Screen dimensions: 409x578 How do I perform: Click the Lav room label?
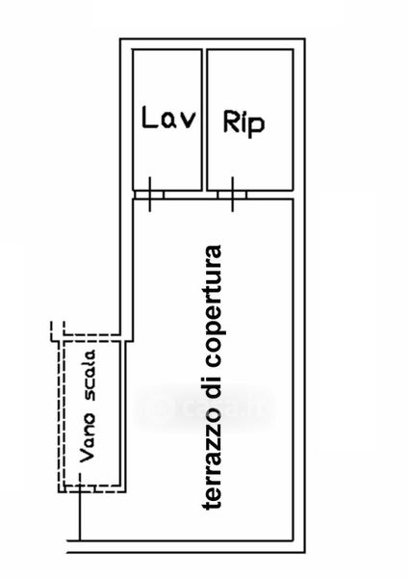(169, 118)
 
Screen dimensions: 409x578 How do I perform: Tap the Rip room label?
(243, 123)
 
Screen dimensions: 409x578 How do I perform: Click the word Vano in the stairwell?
(88, 437)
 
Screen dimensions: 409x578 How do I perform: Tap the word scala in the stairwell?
(89, 376)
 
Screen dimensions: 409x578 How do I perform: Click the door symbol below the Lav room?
(149, 195)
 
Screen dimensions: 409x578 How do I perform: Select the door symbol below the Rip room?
(232, 195)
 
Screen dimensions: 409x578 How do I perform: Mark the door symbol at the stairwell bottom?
(80, 488)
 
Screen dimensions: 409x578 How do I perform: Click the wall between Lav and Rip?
(204, 119)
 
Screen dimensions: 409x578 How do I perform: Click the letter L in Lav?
(149, 118)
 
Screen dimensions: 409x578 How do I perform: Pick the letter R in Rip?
(231, 121)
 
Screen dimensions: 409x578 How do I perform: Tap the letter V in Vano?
(88, 456)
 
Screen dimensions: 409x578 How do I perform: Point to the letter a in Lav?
(169, 121)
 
